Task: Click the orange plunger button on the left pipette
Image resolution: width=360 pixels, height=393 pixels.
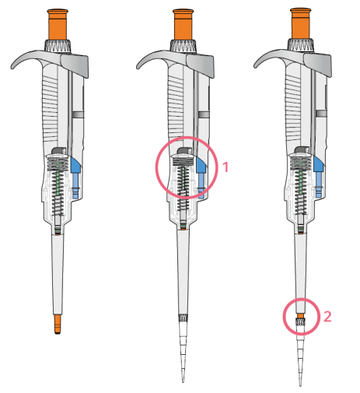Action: (x=58, y=25)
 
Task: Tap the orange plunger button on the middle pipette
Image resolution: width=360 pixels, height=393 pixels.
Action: (x=183, y=25)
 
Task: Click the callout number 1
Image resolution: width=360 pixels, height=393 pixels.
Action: (x=225, y=167)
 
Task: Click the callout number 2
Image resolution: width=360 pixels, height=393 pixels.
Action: (x=327, y=317)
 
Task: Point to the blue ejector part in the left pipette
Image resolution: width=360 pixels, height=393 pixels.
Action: (x=75, y=177)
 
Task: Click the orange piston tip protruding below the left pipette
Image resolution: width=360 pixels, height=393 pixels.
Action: (x=58, y=324)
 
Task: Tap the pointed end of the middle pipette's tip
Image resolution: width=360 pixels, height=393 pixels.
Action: (x=183, y=382)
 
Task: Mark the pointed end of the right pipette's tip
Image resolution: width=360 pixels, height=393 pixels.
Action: (x=301, y=385)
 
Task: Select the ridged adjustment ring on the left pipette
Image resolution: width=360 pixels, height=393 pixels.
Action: (x=58, y=46)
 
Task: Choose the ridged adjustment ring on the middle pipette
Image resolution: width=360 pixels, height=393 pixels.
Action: (x=183, y=46)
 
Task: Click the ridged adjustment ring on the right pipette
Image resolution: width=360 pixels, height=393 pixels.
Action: (x=301, y=45)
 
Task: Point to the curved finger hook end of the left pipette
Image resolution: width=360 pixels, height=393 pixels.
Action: (x=12, y=67)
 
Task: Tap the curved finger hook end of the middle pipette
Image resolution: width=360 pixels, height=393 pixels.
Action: (x=138, y=67)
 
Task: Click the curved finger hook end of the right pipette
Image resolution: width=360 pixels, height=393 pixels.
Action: (x=256, y=66)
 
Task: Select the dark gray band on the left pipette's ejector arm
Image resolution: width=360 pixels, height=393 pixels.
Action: (x=78, y=114)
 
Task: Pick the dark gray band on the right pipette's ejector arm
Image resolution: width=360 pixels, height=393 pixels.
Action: (x=321, y=114)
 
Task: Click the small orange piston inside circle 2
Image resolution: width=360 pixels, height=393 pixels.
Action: (x=300, y=316)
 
